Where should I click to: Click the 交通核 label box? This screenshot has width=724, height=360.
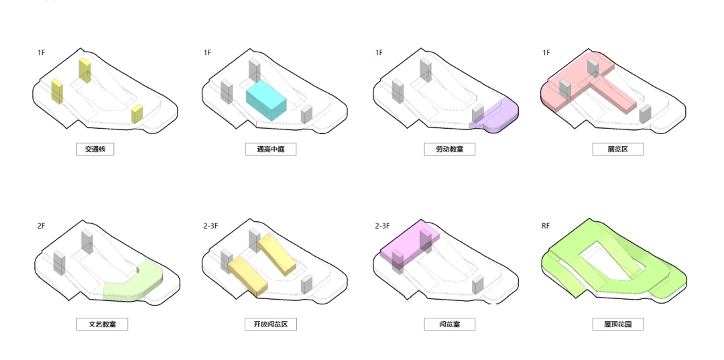[x=95, y=149]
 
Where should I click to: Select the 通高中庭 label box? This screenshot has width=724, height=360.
[x=271, y=149]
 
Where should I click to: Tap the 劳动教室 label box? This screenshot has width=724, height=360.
[x=450, y=149]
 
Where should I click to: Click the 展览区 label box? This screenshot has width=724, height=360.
[x=618, y=149]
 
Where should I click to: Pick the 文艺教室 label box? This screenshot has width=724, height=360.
[x=102, y=324]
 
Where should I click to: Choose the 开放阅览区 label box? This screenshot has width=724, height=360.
[x=271, y=324]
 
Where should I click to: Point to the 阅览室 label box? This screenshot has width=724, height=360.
[x=450, y=324]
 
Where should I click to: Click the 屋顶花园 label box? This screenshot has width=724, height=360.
[x=618, y=324]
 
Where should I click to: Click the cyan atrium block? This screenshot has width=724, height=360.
[x=266, y=100]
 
